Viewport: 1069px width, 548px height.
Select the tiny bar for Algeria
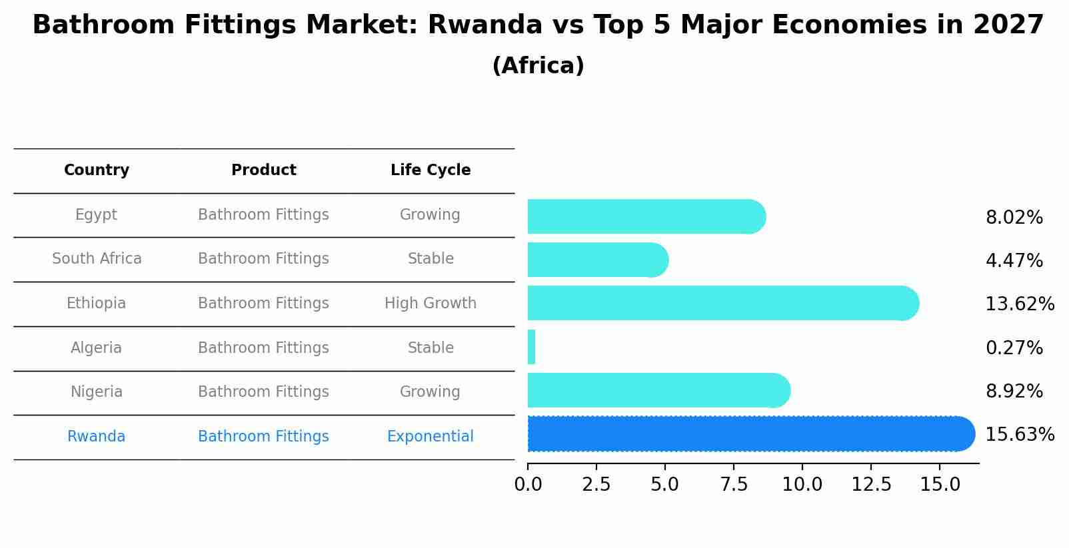(531, 347)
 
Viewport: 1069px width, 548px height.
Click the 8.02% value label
(1014, 218)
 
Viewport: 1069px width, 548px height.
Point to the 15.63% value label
(1019, 435)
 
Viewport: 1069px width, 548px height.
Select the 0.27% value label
(1014, 348)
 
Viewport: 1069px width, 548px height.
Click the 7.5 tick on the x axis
(733, 484)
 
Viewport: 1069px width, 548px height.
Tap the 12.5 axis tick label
(871, 484)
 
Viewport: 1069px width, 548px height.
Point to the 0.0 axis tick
(528, 484)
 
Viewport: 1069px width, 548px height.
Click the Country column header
(97, 170)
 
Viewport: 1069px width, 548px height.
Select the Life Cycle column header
(431, 170)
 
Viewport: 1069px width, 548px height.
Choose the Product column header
(263, 170)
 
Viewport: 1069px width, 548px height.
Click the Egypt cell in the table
(96, 215)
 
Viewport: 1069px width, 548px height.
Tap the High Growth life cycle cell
(431, 304)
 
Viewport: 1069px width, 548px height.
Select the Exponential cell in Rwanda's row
(431, 437)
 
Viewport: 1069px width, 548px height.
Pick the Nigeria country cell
(97, 392)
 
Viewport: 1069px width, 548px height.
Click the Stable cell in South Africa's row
(431, 259)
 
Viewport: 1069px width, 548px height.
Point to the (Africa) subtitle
(538, 66)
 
